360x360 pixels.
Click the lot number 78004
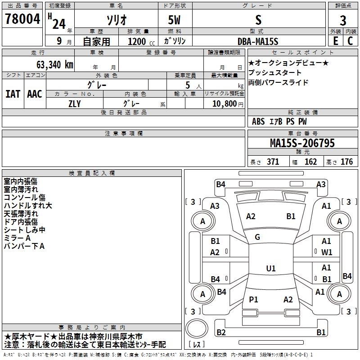click(22, 19)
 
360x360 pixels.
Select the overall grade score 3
click(343, 20)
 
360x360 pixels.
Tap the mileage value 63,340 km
click(54, 65)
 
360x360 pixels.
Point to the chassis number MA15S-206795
click(302, 143)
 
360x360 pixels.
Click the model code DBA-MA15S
click(258, 41)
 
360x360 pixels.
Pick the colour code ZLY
click(75, 104)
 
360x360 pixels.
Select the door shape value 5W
click(174, 20)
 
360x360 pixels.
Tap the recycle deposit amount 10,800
click(225, 103)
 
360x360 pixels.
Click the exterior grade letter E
click(336, 41)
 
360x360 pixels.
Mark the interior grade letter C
click(350, 41)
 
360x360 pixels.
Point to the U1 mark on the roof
click(271, 268)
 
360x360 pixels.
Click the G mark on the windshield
click(257, 237)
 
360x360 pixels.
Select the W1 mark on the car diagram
click(327, 252)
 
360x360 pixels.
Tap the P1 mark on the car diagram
click(253, 299)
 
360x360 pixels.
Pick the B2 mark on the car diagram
click(221, 332)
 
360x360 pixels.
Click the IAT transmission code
click(13, 94)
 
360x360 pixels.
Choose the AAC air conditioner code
click(35, 94)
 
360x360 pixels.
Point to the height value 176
click(346, 162)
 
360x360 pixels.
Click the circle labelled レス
click(197, 328)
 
